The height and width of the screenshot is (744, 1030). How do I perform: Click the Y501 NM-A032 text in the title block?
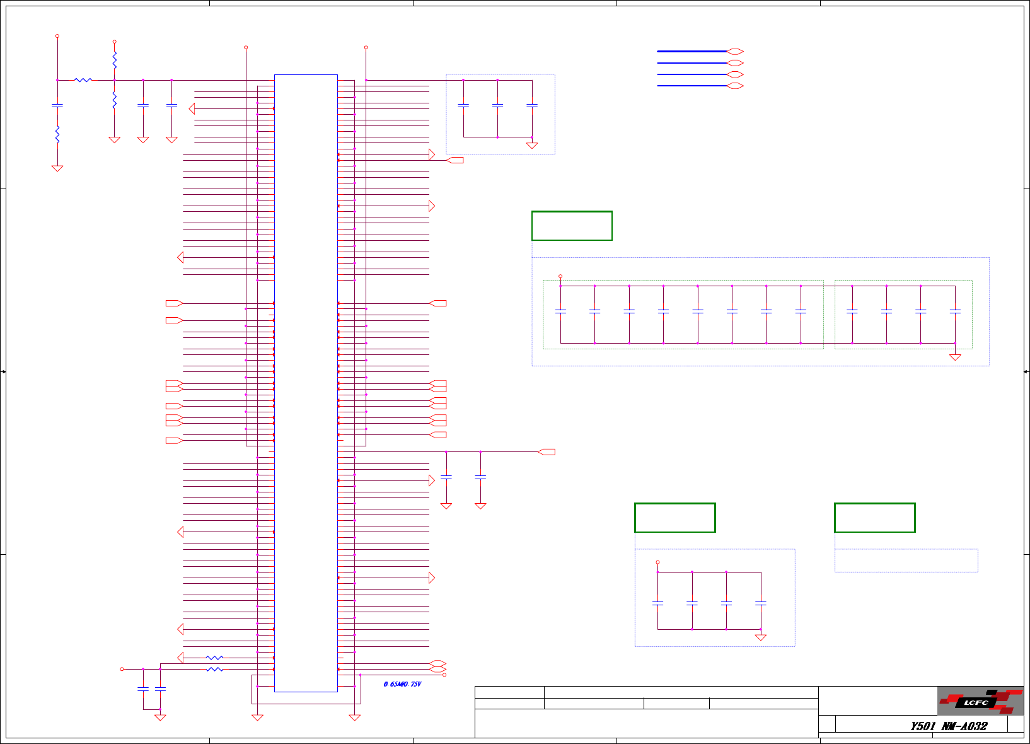point(948,726)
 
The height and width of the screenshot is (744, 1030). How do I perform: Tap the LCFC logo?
point(980,701)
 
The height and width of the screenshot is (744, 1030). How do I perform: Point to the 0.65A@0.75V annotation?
point(402,684)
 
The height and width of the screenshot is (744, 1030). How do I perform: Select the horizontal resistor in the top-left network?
point(83,80)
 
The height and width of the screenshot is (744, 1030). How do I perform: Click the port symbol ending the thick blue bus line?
point(735,52)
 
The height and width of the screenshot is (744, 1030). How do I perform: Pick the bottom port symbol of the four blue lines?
point(735,86)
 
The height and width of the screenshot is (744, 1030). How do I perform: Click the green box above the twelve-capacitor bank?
point(572,226)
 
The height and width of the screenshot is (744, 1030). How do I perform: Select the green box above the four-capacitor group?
point(674,518)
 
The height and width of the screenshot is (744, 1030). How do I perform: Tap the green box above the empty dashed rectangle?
point(874,518)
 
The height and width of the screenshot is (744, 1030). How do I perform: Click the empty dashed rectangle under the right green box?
point(906,561)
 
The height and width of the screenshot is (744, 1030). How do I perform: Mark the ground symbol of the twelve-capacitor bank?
point(955,357)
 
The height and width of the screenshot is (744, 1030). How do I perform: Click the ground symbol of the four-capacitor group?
point(761,637)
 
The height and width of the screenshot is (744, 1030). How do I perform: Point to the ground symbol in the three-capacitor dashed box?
point(532,145)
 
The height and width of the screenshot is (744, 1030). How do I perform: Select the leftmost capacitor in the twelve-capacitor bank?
point(560,311)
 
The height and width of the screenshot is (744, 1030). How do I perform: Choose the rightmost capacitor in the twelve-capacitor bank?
point(955,311)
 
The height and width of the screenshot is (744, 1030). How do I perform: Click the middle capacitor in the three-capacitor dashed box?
point(497,105)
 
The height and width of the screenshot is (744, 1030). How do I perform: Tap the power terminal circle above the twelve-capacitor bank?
point(560,276)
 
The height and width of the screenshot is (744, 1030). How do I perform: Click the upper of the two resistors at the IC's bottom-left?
point(215,658)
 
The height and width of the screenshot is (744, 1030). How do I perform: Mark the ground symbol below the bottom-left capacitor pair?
point(160,717)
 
